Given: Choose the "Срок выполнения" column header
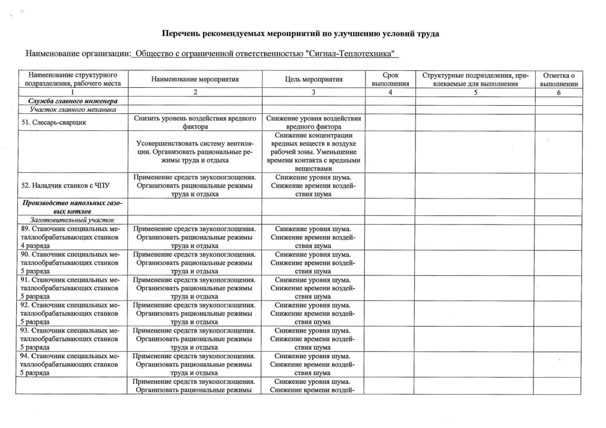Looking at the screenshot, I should pyautogui.click(x=390, y=79).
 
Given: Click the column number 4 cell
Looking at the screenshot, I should pyautogui.click(x=390, y=93).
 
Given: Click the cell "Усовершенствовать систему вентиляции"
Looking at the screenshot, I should pyautogui.click(x=194, y=152).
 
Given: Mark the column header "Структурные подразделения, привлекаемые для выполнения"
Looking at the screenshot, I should pyautogui.click(x=472, y=79).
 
